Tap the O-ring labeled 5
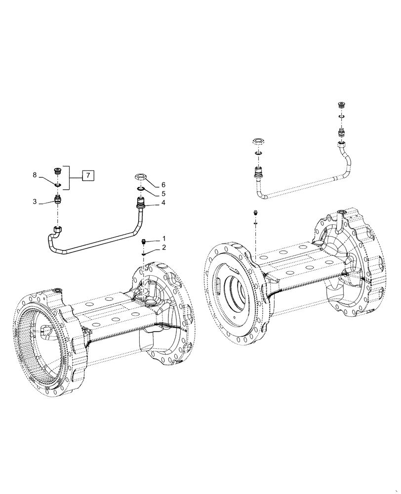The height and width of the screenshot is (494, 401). tap(140, 188)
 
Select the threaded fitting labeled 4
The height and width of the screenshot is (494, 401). tap(140, 202)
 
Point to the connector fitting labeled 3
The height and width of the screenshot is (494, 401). tap(58, 201)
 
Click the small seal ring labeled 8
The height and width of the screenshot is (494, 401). tap(58, 185)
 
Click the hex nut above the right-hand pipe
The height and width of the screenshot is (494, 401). tap(259, 142)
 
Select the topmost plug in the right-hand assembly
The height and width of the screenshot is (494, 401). tap(340, 106)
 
